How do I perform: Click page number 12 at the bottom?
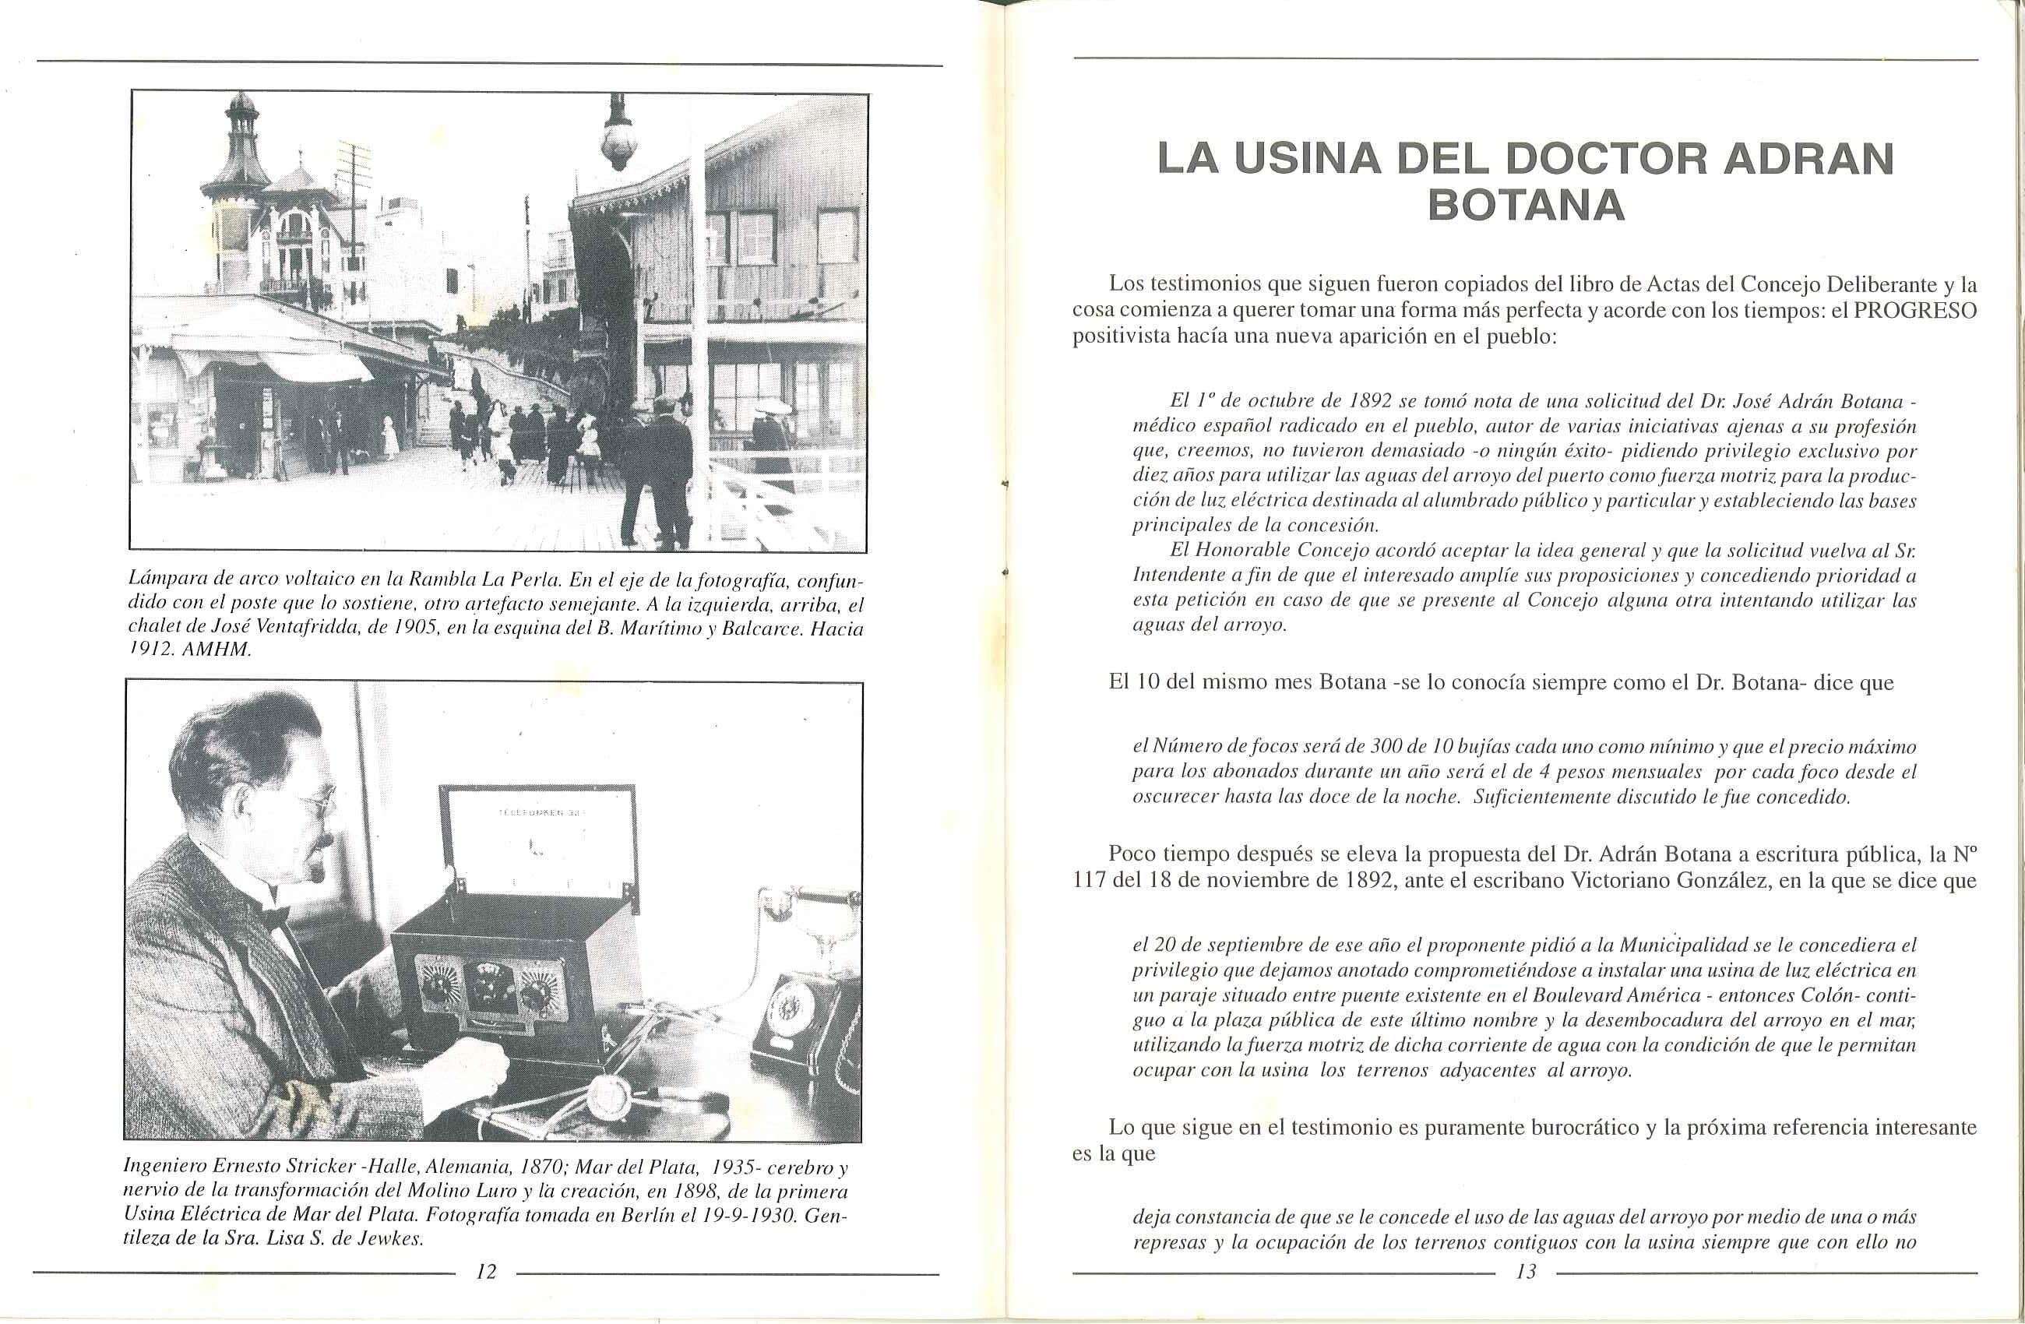pyautogui.click(x=486, y=1272)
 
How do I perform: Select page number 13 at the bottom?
pyautogui.click(x=1525, y=1272)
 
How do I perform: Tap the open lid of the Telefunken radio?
pyautogui.click(x=537, y=834)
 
